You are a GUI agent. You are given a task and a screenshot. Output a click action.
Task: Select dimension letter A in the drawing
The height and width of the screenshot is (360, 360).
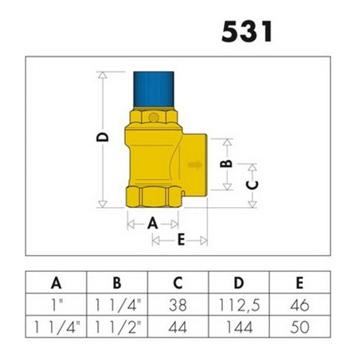(x=152, y=224)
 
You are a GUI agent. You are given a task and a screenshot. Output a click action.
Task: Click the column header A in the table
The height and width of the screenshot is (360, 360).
(x=56, y=282)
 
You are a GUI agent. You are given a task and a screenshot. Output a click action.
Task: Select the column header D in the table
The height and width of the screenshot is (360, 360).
(x=239, y=282)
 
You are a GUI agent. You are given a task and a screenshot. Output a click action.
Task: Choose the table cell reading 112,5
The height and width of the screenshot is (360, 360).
(x=239, y=303)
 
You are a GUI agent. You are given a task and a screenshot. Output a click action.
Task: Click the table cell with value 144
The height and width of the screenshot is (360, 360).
(x=239, y=326)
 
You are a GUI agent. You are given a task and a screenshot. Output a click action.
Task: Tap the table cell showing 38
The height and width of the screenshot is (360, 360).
(x=178, y=303)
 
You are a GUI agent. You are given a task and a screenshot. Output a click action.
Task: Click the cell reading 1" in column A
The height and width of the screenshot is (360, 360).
(x=56, y=303)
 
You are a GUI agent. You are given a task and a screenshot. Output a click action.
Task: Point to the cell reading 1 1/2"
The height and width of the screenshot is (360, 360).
(x=117, y=326)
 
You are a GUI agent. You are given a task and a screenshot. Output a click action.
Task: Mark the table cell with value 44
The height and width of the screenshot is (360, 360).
(x=178, y=326)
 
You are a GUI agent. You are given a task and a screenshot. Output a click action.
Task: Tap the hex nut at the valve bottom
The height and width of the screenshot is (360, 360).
(x=155, y=196)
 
